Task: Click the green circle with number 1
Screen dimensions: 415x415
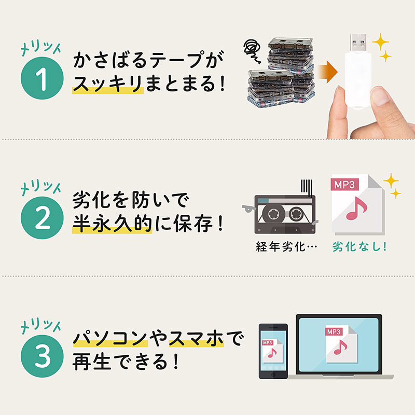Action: click(42, 78)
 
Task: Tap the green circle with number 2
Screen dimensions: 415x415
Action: click(42, 218)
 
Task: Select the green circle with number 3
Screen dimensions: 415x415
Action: click(42, 356)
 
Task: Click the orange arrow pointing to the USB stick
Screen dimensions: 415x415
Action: click(328, 72)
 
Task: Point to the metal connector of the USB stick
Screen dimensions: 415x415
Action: click(358, 43)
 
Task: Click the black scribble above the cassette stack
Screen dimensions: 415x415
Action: click(253, 51)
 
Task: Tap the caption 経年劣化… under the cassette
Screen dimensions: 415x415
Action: click(286, 247)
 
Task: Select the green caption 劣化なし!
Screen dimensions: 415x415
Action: click(359, 247)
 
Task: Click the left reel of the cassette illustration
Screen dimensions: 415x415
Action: click(273, 213)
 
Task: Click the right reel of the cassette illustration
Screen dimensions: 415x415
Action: click(296, 214)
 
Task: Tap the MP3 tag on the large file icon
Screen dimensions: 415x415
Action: click(344, 185)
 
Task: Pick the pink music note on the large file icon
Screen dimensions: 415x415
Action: click(356, 209)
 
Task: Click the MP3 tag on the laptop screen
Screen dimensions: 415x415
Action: click(334, 332)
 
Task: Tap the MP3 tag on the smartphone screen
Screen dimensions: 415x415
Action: click(267, 343)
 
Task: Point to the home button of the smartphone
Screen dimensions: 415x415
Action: click(273, 375)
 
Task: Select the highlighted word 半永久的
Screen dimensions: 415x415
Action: click(112, 224)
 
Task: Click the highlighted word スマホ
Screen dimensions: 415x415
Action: click(197, 339)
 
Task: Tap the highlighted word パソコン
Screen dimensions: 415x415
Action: click(110, 339)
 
